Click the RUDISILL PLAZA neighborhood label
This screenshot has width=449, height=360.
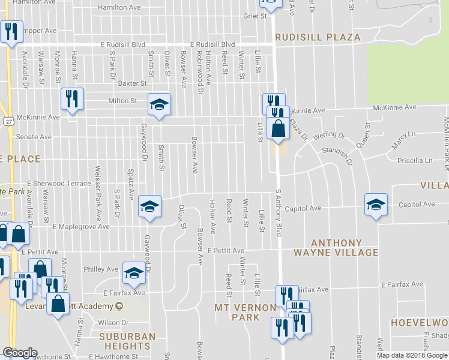318,37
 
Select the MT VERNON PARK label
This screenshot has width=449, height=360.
246,312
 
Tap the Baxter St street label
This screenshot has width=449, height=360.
132,84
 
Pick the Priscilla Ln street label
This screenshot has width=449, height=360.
415,161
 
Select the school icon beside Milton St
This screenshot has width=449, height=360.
159,106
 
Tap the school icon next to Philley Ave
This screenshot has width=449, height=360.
134,274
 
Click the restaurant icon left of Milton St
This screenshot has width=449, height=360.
72,100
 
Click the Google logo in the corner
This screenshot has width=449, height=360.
20,353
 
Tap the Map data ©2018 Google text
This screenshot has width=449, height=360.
412,355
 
